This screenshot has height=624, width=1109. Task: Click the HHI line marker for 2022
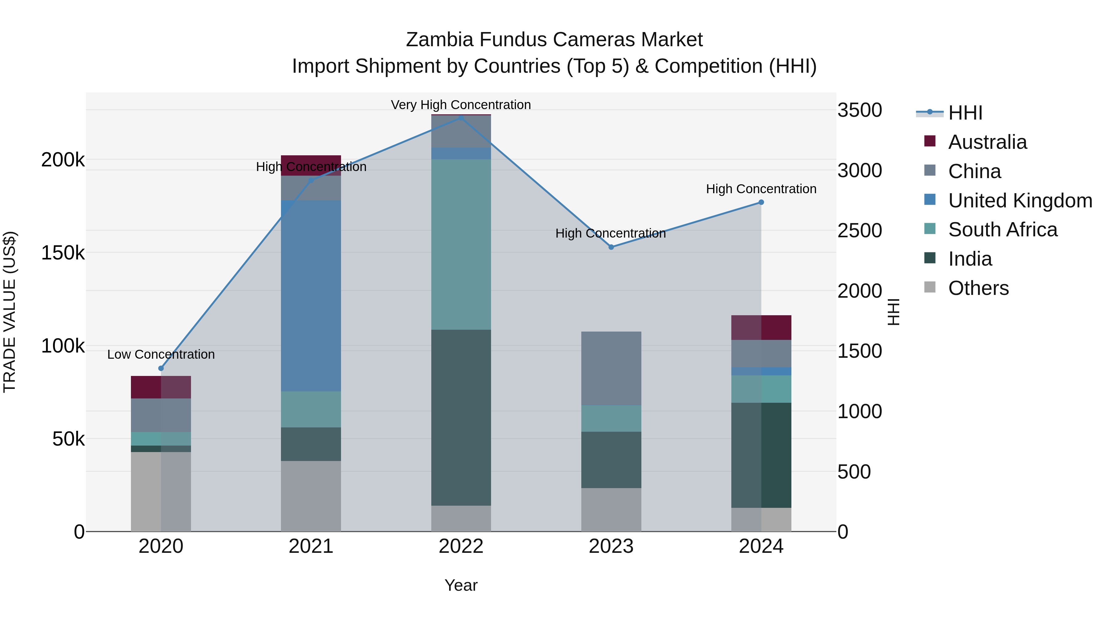click(461, 118)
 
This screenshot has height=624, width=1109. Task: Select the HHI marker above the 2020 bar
click(161, 368)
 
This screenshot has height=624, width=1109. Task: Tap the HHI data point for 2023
click(611, 247)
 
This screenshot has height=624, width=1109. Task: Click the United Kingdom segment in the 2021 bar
click(311, 296)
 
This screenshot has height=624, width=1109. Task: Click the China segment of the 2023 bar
click(611, 368)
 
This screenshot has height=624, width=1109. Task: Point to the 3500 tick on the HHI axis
click(859, 110)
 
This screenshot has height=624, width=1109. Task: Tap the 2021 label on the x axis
click(311, 546)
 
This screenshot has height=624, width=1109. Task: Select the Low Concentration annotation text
click(161, 354)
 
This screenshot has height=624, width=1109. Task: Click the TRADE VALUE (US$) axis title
click(10, 312)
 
